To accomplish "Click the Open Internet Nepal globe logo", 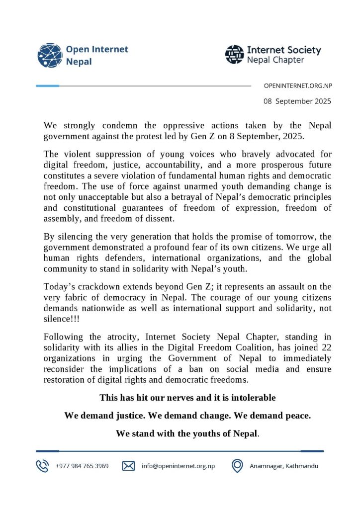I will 50,56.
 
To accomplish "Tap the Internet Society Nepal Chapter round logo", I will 235,55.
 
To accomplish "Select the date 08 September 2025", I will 297,101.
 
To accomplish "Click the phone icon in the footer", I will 42,466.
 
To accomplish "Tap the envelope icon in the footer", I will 128,466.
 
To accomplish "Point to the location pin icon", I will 237,466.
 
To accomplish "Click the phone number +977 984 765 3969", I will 82,466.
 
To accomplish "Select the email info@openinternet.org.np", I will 178,466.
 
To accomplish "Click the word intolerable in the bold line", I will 254,398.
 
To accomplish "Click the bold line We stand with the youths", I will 187,433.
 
